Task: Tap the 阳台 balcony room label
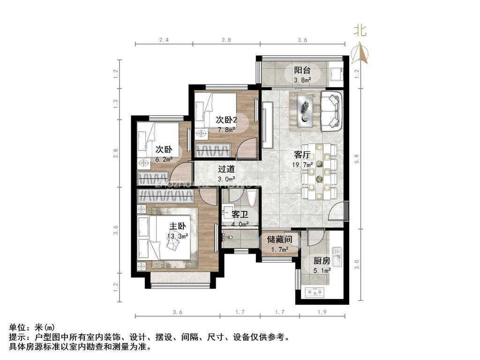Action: point(302,70)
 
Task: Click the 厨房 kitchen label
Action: point(323,261)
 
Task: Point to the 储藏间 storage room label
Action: point(279,240)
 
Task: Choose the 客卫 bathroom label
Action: point(240,215)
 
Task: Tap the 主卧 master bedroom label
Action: point(178,226)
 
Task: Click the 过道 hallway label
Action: point(226,169)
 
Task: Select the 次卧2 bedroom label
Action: point(226,120)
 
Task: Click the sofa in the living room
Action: point(332,111)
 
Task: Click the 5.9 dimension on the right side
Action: point(357,159)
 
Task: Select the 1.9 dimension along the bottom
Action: point(322,311)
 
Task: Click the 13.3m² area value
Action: point(178,236)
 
